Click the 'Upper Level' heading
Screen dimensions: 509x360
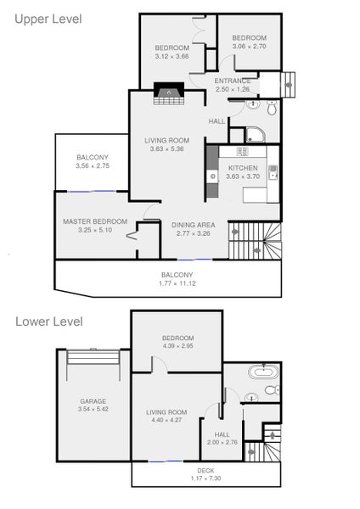coord(48,19)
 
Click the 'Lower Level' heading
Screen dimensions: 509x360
coord(48,322)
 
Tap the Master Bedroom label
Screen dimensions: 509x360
coord(95,221)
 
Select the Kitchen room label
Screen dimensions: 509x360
coord(243,168)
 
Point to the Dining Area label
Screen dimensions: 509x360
coord(195,225)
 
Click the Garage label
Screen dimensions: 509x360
coord(93,400)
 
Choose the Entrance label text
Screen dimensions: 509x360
coord(233,81)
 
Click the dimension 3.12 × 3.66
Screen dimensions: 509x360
coord(172,57)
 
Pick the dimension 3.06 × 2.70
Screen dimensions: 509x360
coord(250,47)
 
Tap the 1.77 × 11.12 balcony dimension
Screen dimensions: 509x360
coord(177,283)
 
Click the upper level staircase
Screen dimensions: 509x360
coord(255,242)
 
